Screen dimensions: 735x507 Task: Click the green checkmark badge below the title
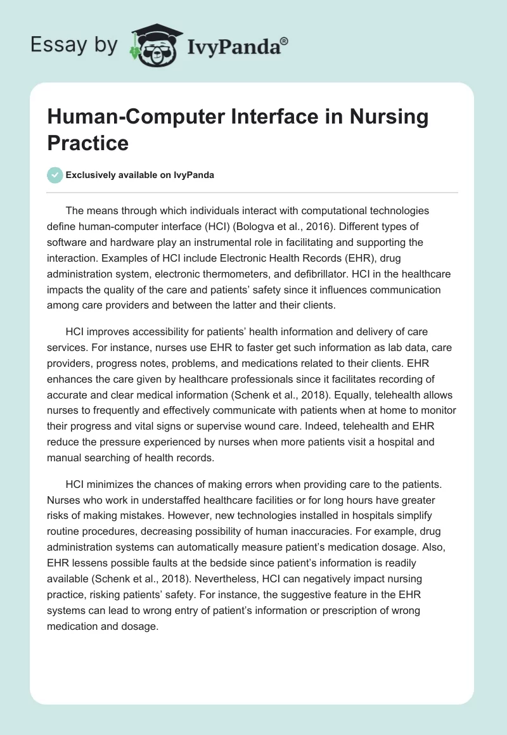pyautogui.click(x=55, y=175)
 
